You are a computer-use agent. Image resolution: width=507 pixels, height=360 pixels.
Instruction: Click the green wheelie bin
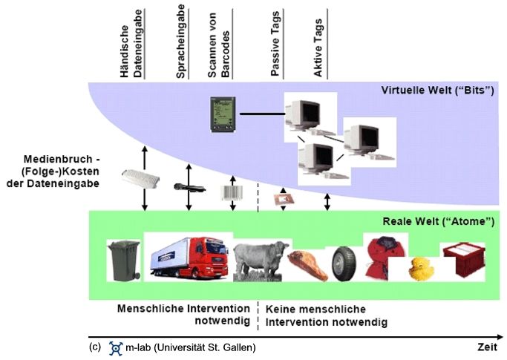[123, 260]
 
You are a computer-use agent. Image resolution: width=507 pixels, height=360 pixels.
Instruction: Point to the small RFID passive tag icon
[282, 199]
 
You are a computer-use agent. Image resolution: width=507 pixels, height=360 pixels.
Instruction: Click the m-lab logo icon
[116, 347]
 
